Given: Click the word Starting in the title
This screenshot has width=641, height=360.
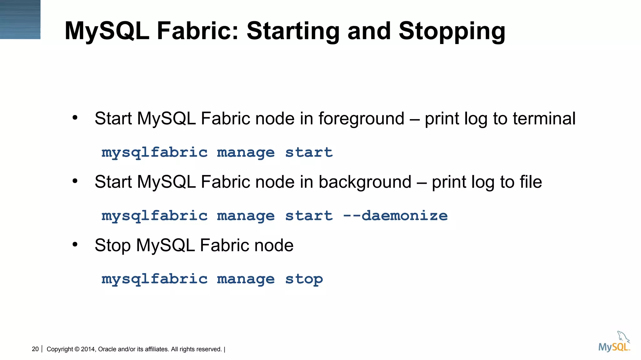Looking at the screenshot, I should [x=293, y=31].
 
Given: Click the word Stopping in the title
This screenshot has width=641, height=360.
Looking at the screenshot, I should [x=452, y=31].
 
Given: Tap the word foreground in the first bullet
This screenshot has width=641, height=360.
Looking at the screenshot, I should [x=361, y=119].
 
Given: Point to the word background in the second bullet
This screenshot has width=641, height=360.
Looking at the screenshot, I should [x=365, y=182].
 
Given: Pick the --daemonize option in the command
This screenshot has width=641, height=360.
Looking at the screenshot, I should [x=395, y=216].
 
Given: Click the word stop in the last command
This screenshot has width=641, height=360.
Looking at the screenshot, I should [x=304, y=279].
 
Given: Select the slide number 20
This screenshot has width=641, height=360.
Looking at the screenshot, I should [x=35, y=349].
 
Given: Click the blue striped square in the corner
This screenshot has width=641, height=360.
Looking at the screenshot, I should [x=20, y=19].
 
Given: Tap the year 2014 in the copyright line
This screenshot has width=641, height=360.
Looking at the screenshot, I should [x=88, y=349].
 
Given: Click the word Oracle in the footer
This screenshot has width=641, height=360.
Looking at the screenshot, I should [x=107, y=349].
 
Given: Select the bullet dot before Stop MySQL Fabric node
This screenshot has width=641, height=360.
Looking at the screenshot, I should [x=75, y=244].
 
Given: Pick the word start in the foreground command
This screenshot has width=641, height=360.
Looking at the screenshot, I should [x=309, y=152].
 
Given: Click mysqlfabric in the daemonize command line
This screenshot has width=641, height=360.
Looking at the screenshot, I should [x=154, y=216].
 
